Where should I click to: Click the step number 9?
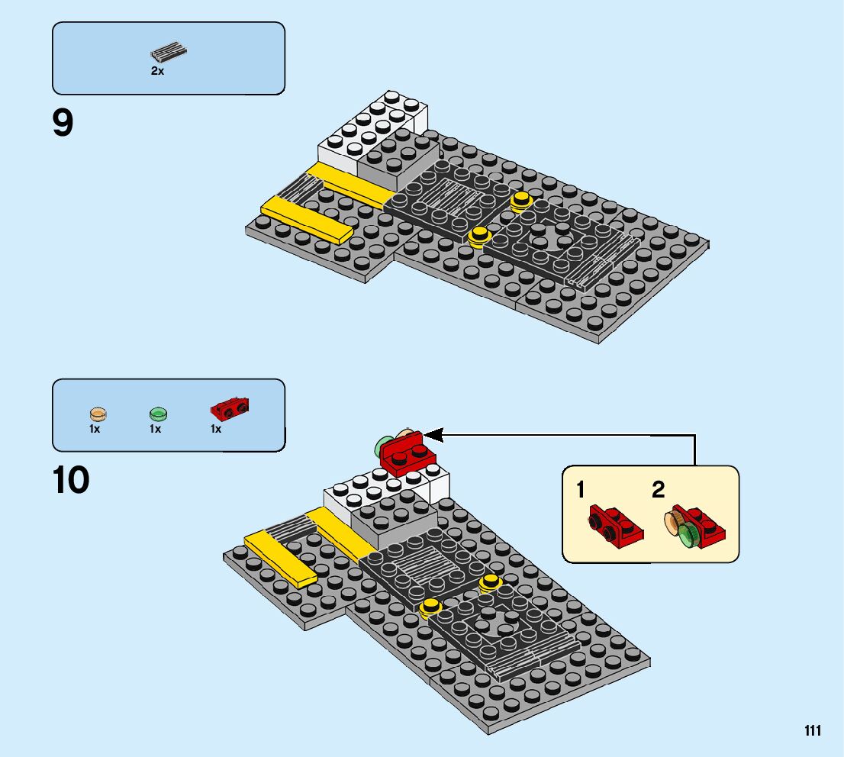tap(63, 123)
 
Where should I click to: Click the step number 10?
tap(71, 480)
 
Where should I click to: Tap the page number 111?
tap(812, 731)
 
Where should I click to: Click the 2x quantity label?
tap(157, 71)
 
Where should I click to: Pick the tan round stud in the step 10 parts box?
tap(98, 414)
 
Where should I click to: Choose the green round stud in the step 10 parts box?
tap(158, 414)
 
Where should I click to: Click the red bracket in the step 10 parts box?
tap(230, 409)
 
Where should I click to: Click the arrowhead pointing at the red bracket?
tap(433, 435)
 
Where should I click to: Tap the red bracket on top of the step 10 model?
tap(408, 455)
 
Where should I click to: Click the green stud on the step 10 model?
tap(382, 446)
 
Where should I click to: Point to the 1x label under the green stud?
tap(156, 430)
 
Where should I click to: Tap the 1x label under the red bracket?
tap(216, 430)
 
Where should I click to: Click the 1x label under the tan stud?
tap(95, 430)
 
